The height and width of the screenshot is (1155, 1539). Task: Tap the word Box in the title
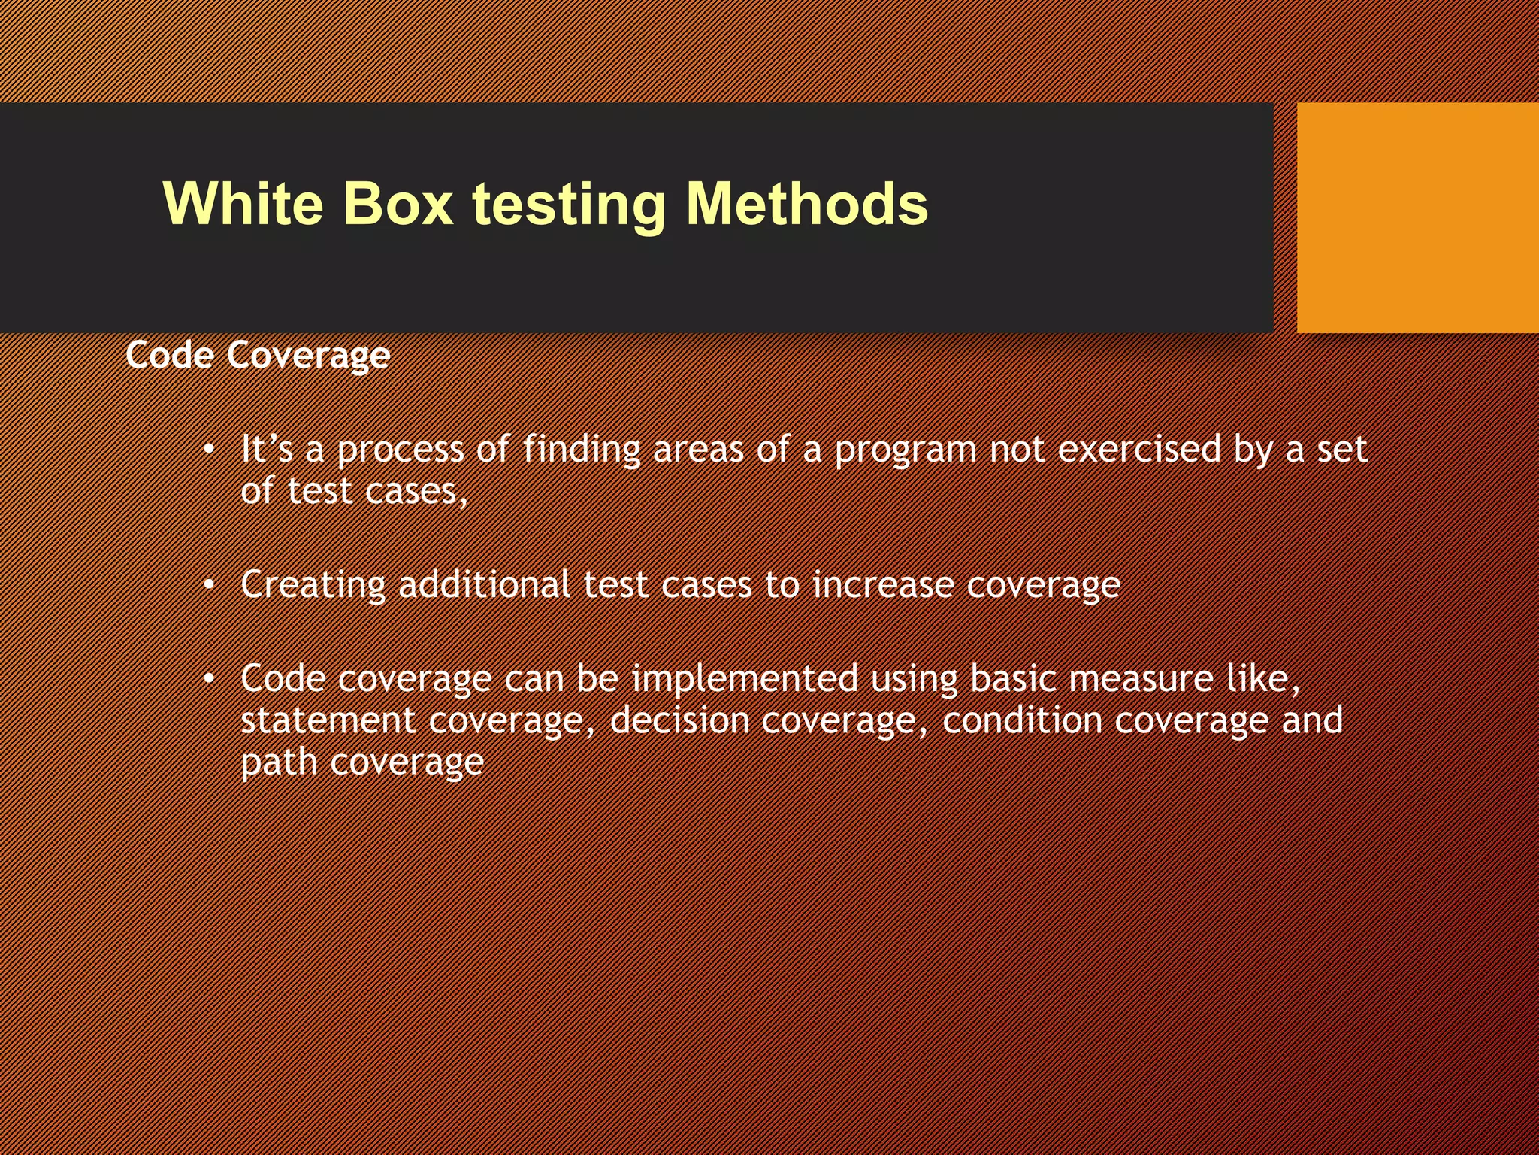tap(398, 204)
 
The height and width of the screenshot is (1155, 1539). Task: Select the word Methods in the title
tap(807, 204)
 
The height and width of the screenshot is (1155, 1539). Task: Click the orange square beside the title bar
tap(1417, 217)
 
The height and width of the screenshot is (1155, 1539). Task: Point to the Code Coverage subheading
tap(258, 355)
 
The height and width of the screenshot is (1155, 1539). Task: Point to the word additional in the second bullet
tap(484, 584)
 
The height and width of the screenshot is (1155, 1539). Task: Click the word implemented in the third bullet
tap(744, 679)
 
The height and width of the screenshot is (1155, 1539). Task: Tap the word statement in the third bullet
tap(328, 720)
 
